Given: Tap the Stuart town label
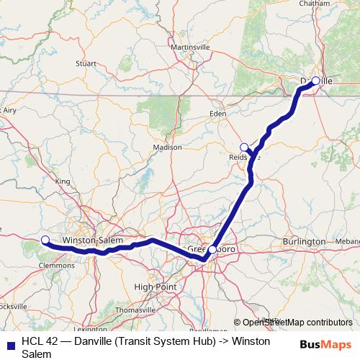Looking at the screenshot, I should click(x=86, y=63).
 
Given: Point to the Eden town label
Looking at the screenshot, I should click(x=217, y=114).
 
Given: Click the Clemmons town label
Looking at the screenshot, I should click(x=60, y=265).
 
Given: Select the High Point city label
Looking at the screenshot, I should click(x=156, y=286).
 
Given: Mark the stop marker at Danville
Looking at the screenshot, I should click(x=315, y=81).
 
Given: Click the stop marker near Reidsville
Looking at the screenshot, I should click(x=244, y=148).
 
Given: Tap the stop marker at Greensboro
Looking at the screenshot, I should click(x=212, y=250).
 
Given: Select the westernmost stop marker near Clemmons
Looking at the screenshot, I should click(x=45, y=240).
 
